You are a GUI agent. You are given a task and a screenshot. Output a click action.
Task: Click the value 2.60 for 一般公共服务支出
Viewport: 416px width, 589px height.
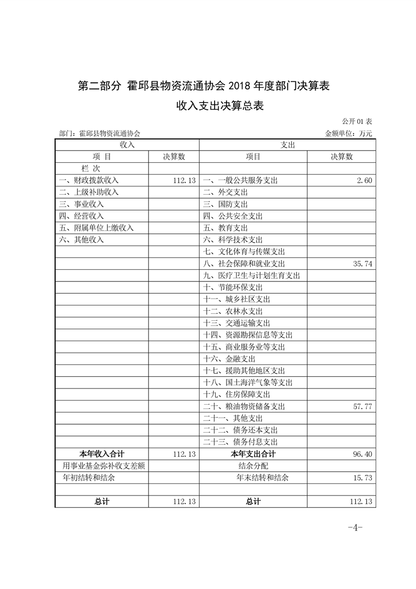tap(364, 181)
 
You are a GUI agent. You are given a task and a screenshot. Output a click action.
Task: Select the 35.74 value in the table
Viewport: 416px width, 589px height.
tap(362, 264)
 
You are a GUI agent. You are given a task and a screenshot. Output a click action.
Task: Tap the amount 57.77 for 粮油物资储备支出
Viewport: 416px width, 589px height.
tap(362, 406)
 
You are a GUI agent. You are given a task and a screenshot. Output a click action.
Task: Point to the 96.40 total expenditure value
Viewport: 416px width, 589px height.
tap(362, 454)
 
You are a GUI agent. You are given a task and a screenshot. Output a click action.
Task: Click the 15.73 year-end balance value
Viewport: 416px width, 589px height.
tap(362, 478)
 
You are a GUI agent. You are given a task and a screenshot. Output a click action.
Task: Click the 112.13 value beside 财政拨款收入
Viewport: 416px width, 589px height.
tap(184, 181)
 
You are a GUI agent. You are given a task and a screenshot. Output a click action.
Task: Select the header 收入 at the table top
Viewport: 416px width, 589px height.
tap(127, 144)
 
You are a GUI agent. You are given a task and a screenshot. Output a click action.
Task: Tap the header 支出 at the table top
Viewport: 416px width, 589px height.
tap(288, 144)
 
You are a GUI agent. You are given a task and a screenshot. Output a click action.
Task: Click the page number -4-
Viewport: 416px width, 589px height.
tap(355, 528)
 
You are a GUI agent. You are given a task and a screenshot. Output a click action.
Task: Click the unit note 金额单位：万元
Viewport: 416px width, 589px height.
tap(349, 134)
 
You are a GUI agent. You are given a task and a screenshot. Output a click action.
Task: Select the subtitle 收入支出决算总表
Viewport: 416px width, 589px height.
tap(219, 106)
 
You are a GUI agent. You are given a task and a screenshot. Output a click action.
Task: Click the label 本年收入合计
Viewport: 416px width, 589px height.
tap(101, 454)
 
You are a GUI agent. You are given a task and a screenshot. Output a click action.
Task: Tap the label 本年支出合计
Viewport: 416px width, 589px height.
tap(253, 454)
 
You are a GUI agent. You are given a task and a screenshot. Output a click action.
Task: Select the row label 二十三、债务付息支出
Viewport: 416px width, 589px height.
tap(240, 442)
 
